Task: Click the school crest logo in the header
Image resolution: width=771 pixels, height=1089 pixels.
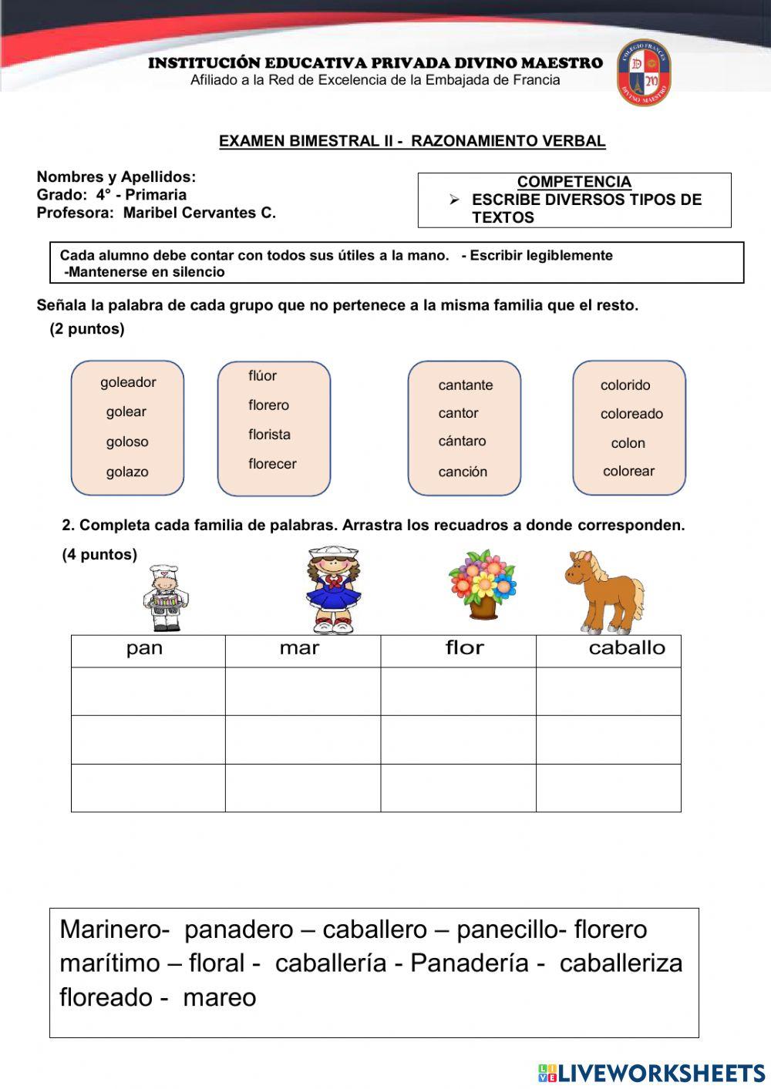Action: point(644,73)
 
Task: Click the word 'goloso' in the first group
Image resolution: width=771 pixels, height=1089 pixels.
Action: point(127,442)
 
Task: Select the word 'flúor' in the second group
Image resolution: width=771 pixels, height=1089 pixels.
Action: point(262,376)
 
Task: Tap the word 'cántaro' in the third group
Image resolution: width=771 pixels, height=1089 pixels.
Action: point(462,442)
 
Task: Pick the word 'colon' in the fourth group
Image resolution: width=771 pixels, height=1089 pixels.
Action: point(628,443)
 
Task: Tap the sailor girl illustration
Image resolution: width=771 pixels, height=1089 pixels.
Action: point(333,590)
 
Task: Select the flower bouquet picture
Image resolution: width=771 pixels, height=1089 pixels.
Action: point(483,584)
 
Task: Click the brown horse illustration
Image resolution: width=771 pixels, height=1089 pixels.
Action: point(604,591)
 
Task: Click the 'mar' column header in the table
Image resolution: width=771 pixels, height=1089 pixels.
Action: point(300,649)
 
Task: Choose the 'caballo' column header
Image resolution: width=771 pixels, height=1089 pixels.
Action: point(626,649)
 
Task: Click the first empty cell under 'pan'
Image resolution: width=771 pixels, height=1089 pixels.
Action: point(148,691)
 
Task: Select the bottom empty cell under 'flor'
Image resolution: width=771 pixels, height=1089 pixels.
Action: point(458,788)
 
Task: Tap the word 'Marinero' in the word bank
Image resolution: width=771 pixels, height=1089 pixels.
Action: point(111,929)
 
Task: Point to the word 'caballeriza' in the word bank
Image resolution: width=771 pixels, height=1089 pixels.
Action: point(621,963)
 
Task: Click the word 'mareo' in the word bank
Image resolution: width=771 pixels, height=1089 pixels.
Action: point(219,997)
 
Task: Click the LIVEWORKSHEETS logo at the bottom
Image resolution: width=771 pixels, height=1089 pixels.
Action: point(651,1073)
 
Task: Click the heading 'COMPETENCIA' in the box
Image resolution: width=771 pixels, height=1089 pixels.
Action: point(574,182)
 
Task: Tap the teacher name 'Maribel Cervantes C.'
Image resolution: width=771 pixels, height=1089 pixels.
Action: point(199,213)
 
